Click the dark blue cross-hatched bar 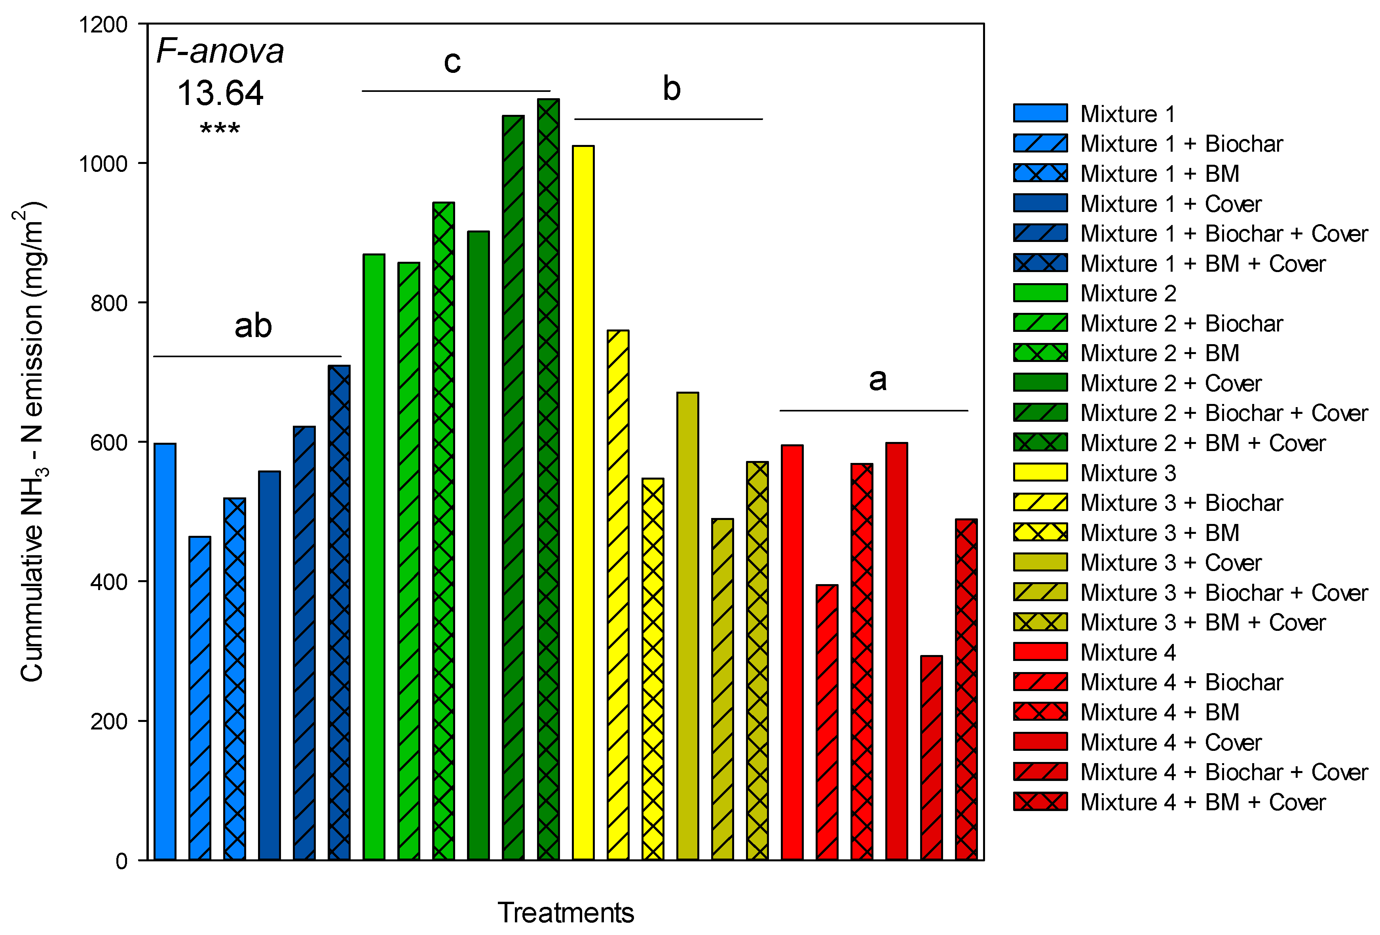339,612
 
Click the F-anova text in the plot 220,51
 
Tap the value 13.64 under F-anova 220,93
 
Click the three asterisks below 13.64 220,128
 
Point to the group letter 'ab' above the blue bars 253,326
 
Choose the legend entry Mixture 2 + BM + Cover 1202,443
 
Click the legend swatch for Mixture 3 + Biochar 1040,503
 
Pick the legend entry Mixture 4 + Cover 1170,743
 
